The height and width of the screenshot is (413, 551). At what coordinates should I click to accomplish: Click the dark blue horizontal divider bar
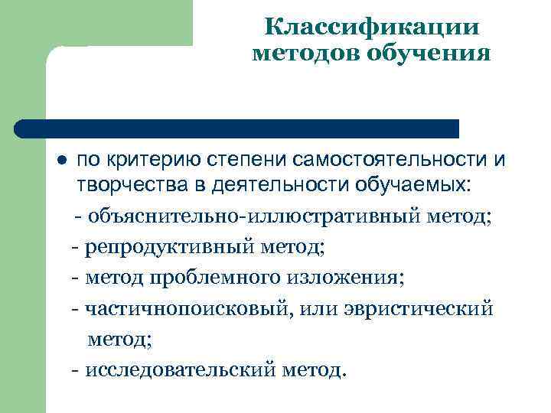[237, 128]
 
